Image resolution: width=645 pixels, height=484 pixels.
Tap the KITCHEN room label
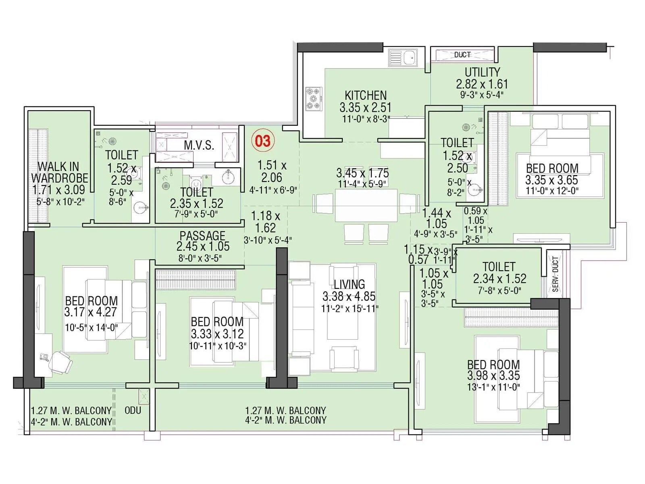pyautogui.click(x=366, y=96)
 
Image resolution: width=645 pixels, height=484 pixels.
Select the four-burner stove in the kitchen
pyautogui.click(x=314, y=98)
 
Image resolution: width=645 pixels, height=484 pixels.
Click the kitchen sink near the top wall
pyautogui.click(x=403, y=58)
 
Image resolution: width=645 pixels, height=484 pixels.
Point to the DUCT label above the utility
pyautogui.click(x=462, y=54)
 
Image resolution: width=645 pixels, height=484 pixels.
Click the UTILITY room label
pyautogui.click(x=482, y=73)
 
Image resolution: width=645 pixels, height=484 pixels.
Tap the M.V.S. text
pyautogui.click(x=199, y=145)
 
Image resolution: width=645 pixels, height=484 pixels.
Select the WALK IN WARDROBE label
pyautogui.click(x=59, y=172)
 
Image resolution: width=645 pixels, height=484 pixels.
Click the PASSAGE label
pyautogui.click(x=202, y=236)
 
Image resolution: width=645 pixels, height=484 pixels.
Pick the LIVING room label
pyautogui.click(x=349, y=284)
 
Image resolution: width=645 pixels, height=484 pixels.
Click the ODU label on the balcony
pyautogui.click(x=133, y=411)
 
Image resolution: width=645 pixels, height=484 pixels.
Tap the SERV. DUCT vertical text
pyautogui.click(x=555, y=274)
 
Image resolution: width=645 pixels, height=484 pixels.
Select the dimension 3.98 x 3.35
pyautogui.click(x=493, y=376)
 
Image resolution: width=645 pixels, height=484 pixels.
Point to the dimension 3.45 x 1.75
pyautogui.click(x=362, y=173)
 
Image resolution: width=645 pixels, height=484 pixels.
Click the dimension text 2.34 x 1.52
pyautogui.click(x=499, y=279)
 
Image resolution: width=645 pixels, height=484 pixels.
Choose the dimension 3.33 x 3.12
pyautogui.click(x=217, y=334)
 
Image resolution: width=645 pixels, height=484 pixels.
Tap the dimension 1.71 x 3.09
pyautogui.click(x=58, y=190)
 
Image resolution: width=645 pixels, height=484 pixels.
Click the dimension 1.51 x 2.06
pyautogui.click(x=272, y=171)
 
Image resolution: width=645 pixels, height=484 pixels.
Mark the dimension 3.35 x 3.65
pyautogui.click(x=551, y=180)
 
